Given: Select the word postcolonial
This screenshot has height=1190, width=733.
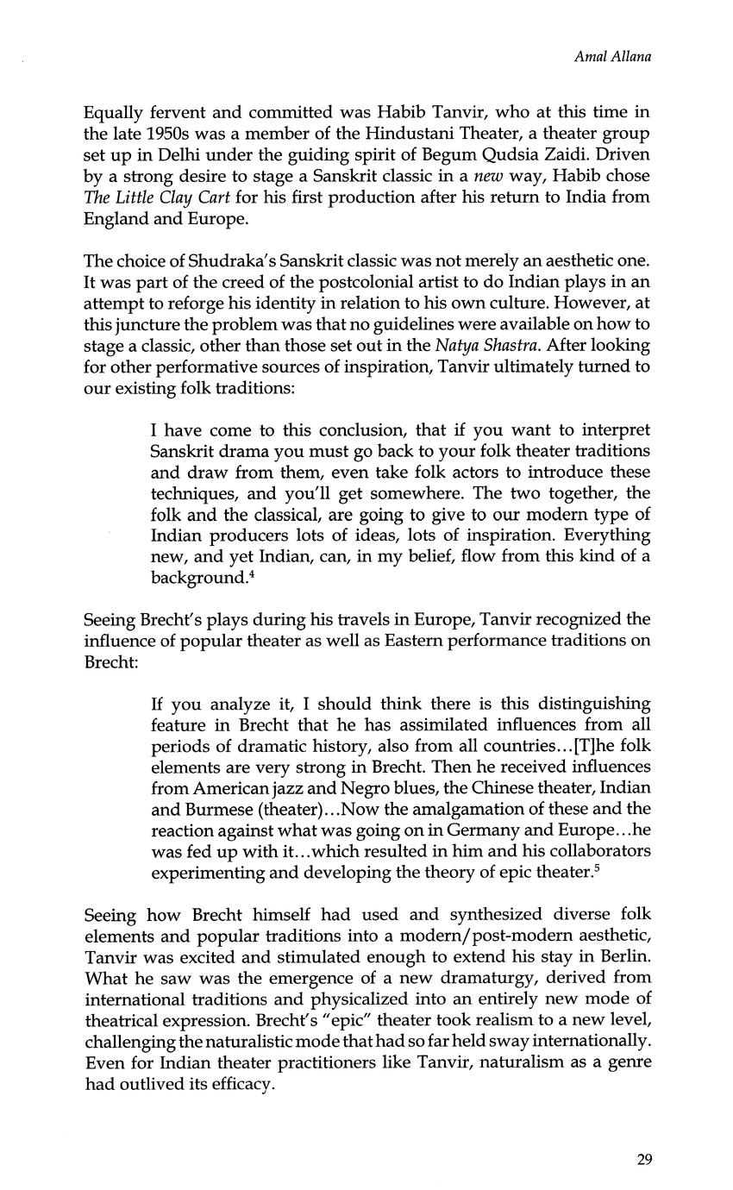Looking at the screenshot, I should tap(328, 282).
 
